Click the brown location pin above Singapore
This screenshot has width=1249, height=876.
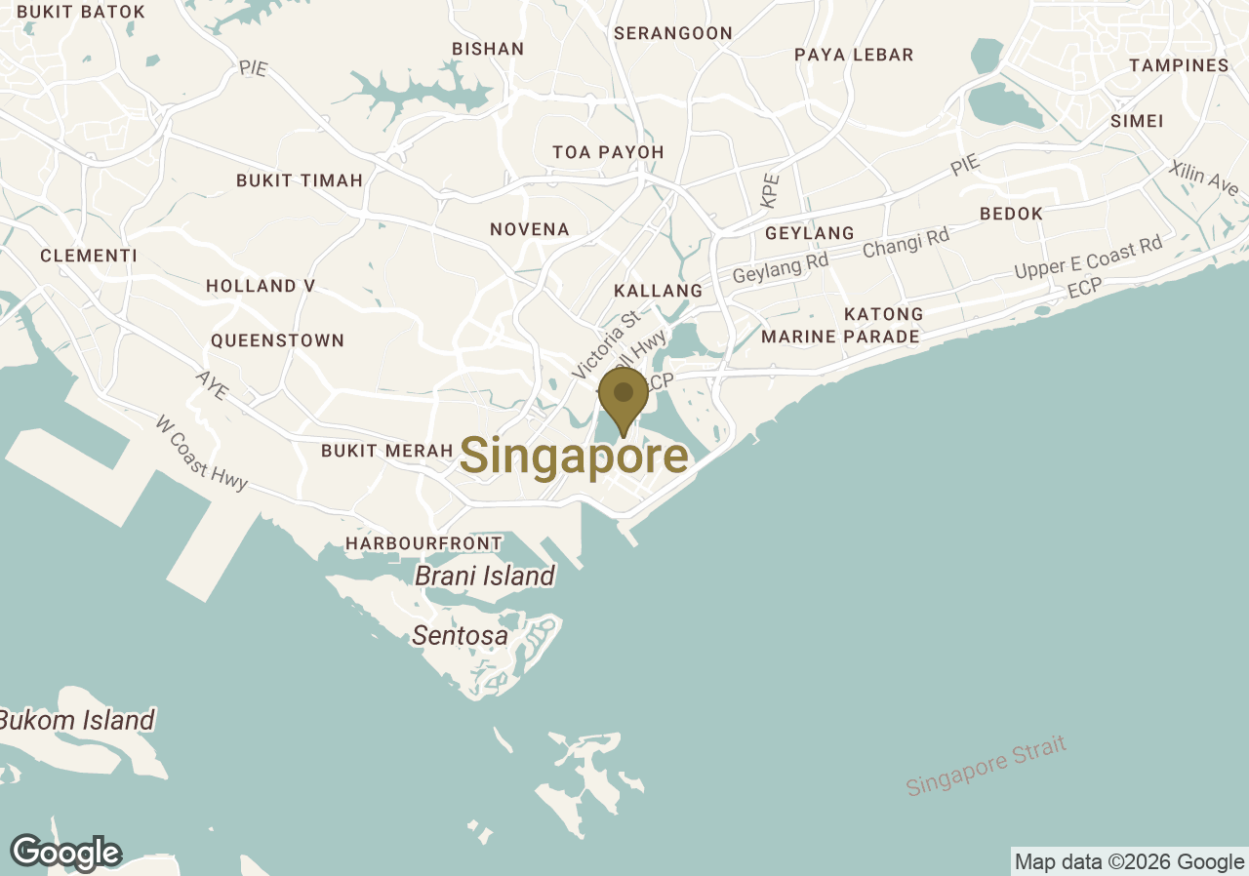click(624, 395)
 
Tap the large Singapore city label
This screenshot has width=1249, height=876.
click(574, 457)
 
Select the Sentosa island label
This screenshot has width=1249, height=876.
click(460, 636)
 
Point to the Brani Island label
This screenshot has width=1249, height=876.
click(485, 576)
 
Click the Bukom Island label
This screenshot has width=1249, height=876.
click(76, 721)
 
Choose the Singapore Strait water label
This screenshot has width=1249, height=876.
click(986, 766)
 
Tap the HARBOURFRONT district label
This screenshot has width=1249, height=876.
click(423, 543)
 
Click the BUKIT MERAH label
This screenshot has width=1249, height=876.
click(387, 451)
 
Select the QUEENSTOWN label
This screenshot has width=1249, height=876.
click(278, 340)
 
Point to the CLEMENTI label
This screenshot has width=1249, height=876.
click(89, 256)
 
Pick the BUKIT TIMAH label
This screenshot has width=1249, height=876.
click(300, 180)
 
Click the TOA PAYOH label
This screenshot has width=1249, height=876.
click(608, 152)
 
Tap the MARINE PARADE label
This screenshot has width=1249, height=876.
click(840, 337)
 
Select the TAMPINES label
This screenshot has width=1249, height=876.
click(1179, 65)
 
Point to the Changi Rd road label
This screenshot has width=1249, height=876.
click(906, 243)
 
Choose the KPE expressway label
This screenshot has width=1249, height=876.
click(771, 190)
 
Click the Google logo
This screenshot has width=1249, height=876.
click(66, 853)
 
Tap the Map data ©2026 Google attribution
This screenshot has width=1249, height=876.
click(1129, 861)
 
